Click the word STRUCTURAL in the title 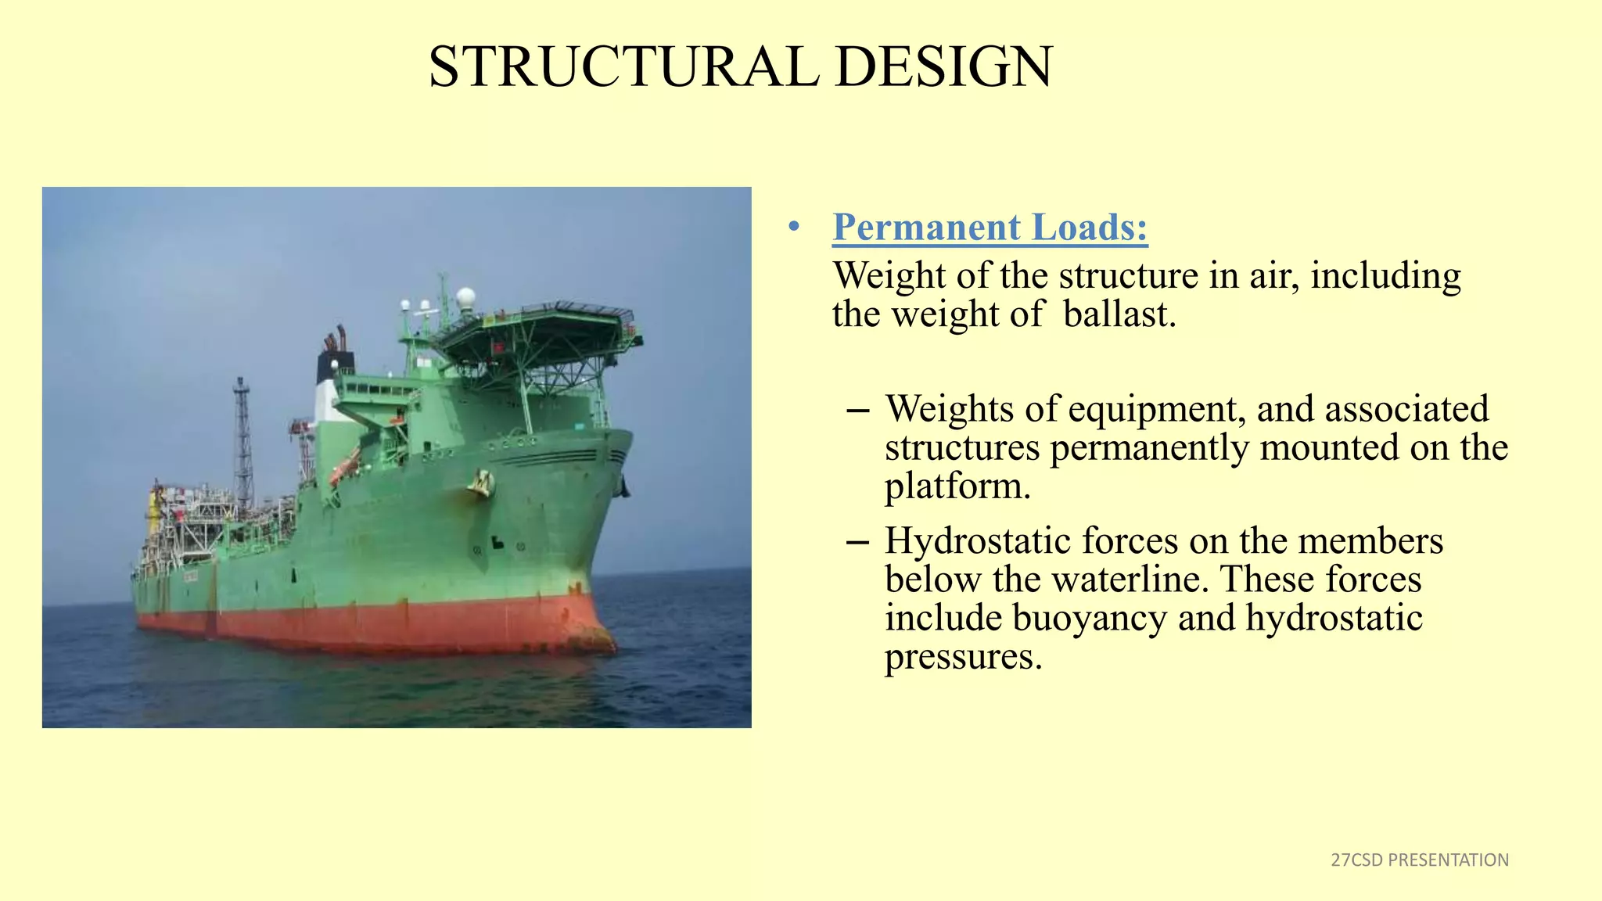[623, 66]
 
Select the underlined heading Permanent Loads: [990, 228]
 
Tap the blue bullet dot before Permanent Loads [794, 228]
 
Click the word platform [957, 486]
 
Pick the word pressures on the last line [963, 656]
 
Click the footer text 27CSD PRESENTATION [1419, 860]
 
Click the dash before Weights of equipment [857, 410]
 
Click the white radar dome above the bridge [465, 297]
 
